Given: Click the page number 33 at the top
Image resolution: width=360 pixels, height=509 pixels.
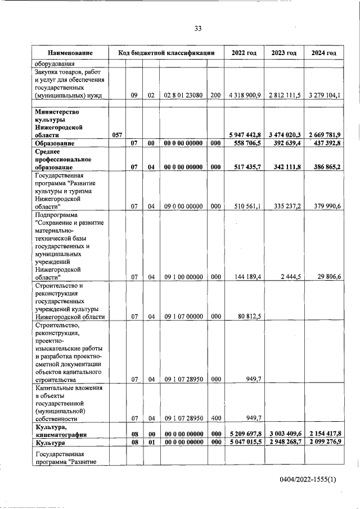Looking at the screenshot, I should [197, 29].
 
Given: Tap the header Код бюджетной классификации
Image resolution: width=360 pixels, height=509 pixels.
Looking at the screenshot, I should [167, 53].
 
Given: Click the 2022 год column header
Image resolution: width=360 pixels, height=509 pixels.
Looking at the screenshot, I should [244, 53].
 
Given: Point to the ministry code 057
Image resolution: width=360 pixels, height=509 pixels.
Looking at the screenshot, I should [117, 136].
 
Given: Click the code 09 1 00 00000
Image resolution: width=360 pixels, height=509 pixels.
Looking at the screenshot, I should [183, 277].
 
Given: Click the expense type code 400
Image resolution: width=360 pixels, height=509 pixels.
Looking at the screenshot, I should [215, 418].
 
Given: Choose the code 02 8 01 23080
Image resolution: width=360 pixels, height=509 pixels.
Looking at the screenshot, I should [183, 96].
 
